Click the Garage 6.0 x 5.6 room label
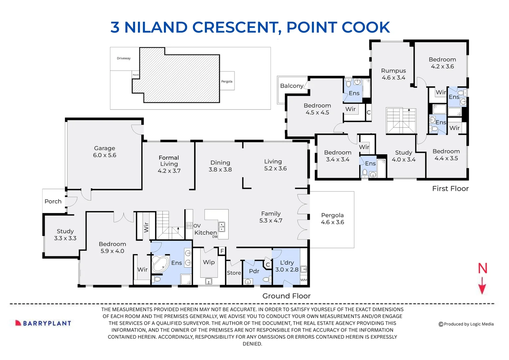tap(105, 152)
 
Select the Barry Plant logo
tap(43, 323)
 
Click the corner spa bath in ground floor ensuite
tap(160, 264)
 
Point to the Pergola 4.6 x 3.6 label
tap(332, 219)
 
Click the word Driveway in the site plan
tap(124, 58)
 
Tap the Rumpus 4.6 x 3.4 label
tap(393, 74)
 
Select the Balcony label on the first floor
tap(292, 86)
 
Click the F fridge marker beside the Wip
tap(222, 251)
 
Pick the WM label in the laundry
tap(303, 280)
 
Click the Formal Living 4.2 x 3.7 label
tap(169, 164)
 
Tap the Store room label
tap(234, 273)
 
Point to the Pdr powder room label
tap(254, 271)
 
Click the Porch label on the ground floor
tap(53, 201)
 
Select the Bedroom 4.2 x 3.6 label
tap(442, 63)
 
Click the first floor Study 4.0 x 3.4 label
tap(403, 156)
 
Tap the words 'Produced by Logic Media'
tap(469, 324)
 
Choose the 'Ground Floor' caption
tap(286, 296)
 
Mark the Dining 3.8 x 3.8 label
tap(220, 166)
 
